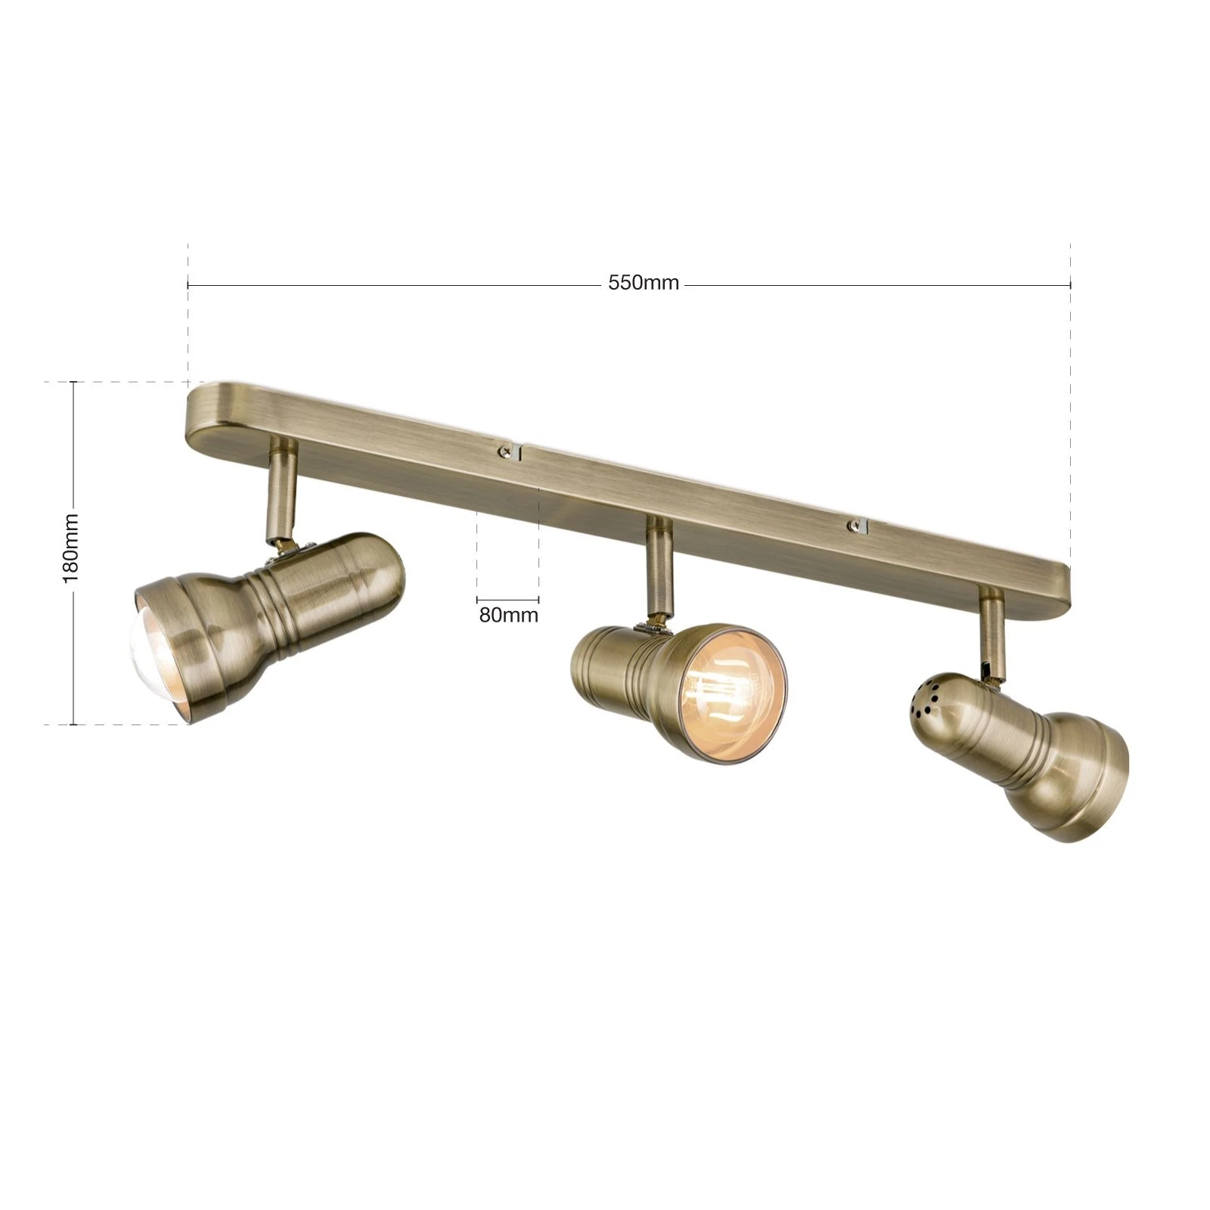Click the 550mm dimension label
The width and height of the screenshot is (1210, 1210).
click(644, 283)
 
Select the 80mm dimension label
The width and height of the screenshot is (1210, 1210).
click(508, 615)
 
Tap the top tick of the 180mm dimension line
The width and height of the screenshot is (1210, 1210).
click(73, 382)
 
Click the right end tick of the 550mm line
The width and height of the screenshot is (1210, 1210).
click(1070, 285)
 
